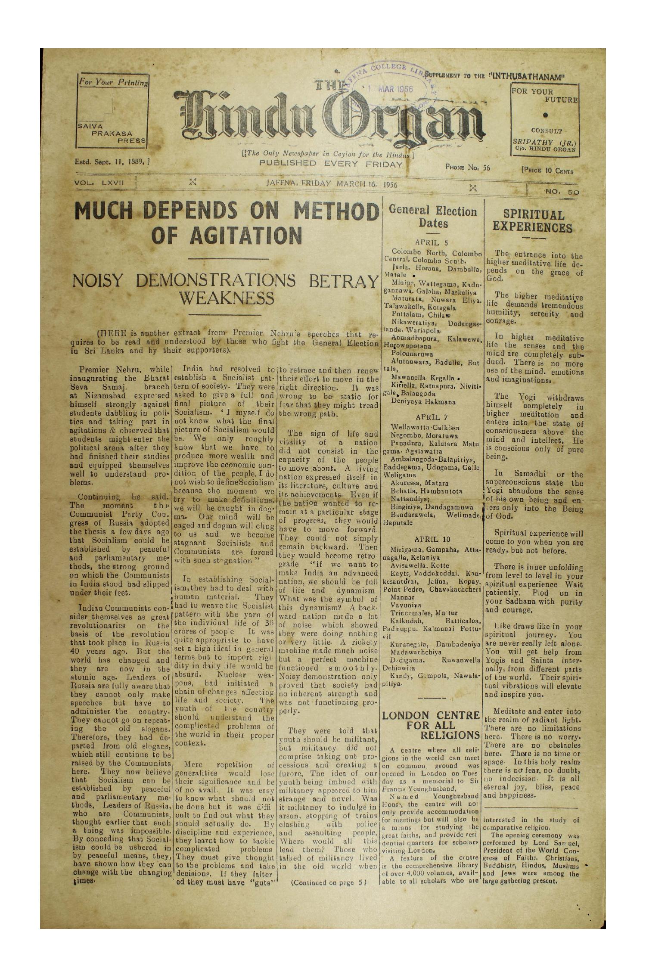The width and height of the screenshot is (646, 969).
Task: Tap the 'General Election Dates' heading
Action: click(x=432, y=217)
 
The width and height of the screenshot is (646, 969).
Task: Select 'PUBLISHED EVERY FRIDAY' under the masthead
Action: click(x=327, y=164)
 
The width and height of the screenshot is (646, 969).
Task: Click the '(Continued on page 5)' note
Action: click(x=328, y=881)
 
